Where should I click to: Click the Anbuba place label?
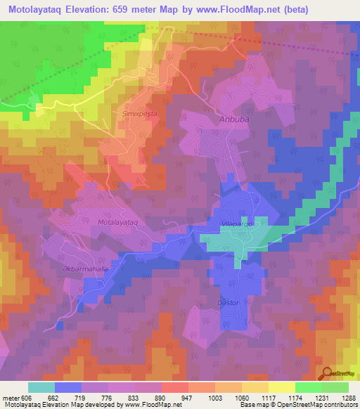coord(234,119)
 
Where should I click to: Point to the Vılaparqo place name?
coord(236,223)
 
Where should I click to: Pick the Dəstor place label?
coord(224,302)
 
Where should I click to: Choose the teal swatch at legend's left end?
coord(41,387)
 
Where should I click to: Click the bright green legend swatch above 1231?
coord(308,387)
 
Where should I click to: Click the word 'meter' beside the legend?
coord(11,397)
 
